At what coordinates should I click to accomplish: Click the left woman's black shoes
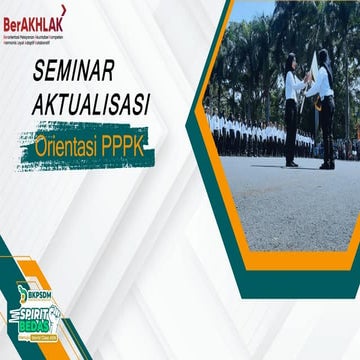[290, 163]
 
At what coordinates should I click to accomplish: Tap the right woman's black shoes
[326, 164]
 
